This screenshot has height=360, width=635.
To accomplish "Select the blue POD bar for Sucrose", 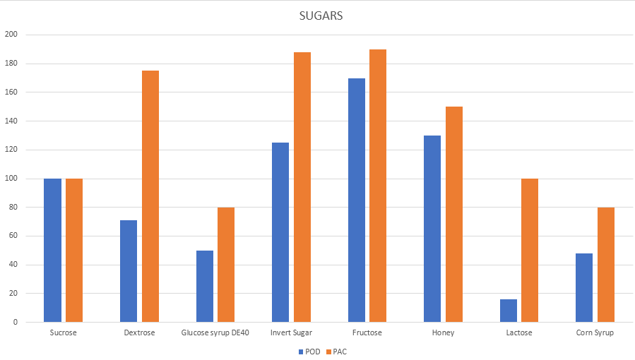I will (52, 250).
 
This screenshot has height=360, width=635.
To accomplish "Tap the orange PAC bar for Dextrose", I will (150, 196).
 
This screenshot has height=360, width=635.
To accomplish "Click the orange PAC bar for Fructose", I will (378, 186).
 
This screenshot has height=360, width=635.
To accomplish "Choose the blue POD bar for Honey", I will (432, 229).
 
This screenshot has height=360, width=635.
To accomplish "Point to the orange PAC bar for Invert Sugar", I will (302, 187).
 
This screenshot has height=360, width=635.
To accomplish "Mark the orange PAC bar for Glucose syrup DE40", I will (226, 265).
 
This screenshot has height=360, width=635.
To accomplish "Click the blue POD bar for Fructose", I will (357, 200).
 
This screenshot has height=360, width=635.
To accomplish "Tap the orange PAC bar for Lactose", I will (530, 250).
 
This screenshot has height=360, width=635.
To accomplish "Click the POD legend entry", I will (309, 352).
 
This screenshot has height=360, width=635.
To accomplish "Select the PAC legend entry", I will (336, 352).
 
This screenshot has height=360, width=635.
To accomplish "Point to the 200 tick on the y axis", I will (11, 35).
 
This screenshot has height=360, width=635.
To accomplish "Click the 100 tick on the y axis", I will (11, 179).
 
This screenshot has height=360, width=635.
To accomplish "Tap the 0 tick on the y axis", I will (16, 323).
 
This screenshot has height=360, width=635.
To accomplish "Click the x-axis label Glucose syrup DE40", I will (215, 332).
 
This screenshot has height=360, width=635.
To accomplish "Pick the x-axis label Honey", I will (444, 332).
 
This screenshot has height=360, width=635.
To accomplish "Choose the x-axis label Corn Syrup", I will (595, 332).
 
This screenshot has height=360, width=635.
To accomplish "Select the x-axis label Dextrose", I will (139, 332).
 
